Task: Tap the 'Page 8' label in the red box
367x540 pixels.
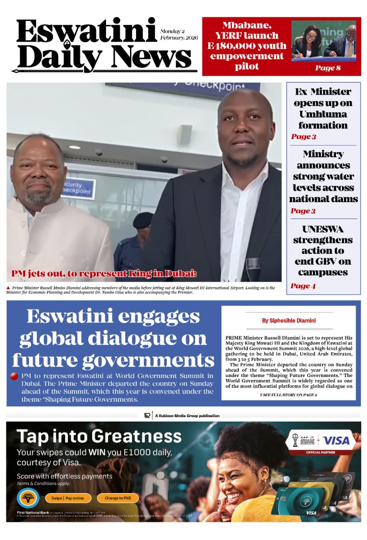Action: (x=328, y=68)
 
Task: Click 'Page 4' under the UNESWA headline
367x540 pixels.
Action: (x=303, y=286)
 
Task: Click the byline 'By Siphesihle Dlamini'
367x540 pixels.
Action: (x=289, y=321)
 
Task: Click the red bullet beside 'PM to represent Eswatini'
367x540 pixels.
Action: (x=14, y=377)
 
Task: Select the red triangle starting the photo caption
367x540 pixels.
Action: (x=9, y=288)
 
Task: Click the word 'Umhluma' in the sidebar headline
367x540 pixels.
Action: (x=323, y=114)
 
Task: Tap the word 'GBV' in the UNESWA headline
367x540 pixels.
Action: (x=324, y=261)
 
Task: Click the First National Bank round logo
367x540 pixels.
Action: (x=28, y=498)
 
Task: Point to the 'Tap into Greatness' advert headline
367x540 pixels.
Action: (x=99, y=436)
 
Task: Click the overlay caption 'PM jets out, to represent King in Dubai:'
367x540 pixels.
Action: (x=104, y=274)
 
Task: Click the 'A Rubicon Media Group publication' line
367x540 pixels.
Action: (x=187, y=416)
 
